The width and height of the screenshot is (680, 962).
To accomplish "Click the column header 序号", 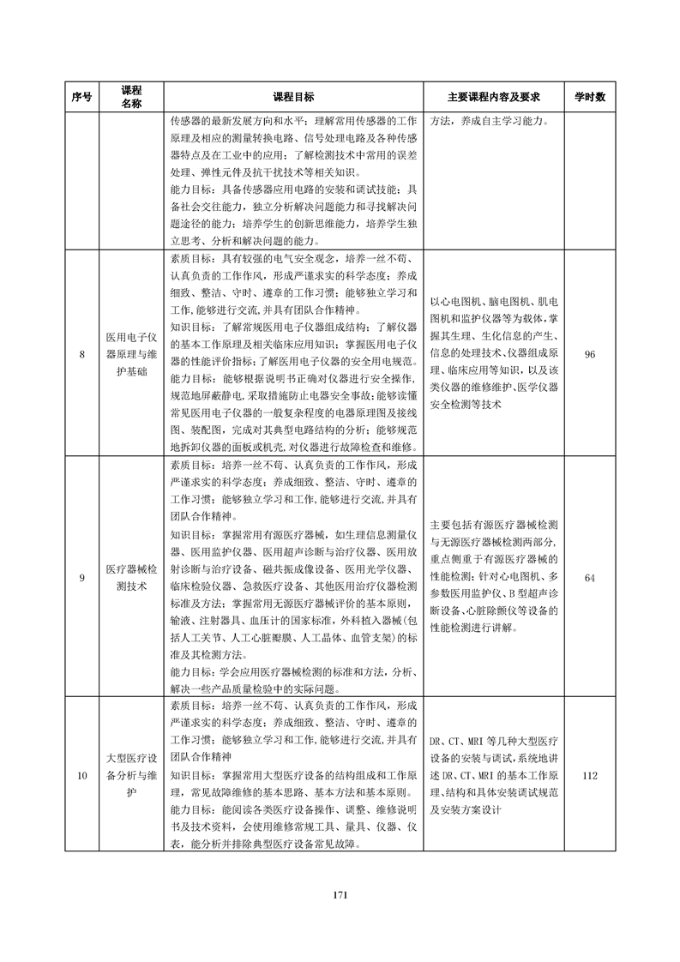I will tap(82, 96).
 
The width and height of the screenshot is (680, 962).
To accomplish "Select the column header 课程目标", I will tap(293, 96).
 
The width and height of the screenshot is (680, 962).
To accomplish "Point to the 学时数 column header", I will tap(589, 96).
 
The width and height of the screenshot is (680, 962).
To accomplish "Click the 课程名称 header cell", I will tap(131, 96).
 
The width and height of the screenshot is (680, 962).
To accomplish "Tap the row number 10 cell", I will tap(82, 776).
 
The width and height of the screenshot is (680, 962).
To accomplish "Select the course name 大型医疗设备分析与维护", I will tap(131, 776).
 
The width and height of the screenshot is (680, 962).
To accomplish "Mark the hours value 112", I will tap(589, 776).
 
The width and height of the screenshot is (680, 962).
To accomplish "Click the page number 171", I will tap(340, 895).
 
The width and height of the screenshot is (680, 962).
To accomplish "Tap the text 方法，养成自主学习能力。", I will tap(486, 121).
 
